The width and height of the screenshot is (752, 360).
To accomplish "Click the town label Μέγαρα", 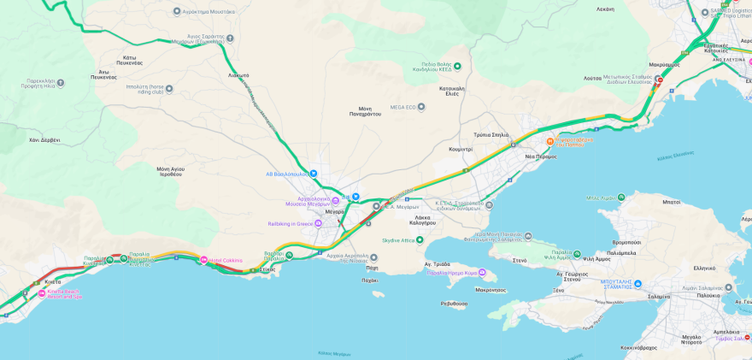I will point(334,211).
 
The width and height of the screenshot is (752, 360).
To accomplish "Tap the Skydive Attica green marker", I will point(420,240).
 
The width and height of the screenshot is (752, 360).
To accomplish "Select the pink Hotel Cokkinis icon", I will point(204,260).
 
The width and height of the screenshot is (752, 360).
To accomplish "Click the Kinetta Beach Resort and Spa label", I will point(64,294).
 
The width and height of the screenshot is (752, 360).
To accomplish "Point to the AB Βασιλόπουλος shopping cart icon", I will point(314,174).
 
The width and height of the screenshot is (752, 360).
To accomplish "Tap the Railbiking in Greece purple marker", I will point(318,223).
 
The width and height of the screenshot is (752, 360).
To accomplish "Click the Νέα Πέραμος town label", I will point(541,156).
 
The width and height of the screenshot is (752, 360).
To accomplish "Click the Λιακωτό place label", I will point(238,75).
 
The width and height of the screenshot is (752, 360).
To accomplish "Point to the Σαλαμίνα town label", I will point(658,297).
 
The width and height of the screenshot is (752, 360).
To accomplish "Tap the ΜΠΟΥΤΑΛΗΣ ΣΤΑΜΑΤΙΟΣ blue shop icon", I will point(637,284).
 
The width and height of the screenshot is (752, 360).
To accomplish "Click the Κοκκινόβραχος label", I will point(638,348).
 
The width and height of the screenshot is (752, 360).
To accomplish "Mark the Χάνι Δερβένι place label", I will point(44,139).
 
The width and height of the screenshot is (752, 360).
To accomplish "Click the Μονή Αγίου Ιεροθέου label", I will point(170,172).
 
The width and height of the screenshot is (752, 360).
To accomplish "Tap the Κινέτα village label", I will point(53,281).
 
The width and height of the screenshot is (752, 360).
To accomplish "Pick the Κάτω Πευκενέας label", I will point(129,60).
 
